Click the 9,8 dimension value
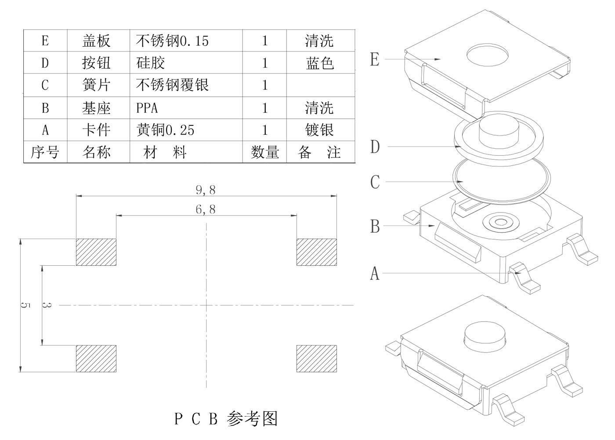point(206,190)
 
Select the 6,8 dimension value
point(206,209)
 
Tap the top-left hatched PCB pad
point(96,252)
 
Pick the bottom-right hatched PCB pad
point(316,358)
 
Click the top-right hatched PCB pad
point(316,252)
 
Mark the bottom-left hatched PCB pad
point(96,358)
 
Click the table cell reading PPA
point(147,108)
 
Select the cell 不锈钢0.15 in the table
point(172,41)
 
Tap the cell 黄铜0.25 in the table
point(165,130)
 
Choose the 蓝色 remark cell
point(320,63)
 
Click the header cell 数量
point(265,152)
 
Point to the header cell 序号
point(45,152)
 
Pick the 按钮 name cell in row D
point(96,63)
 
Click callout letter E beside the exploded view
point(375,59)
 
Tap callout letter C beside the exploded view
point(375,182)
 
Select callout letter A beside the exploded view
point(375,273)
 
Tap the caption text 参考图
point(253,418)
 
